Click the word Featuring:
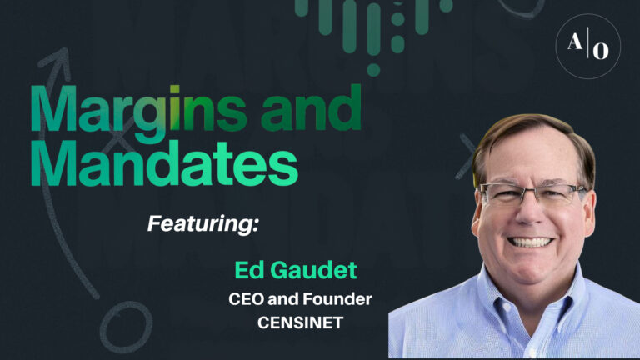click(x=203, y=222)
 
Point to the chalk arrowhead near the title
click(x=56, y=59)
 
